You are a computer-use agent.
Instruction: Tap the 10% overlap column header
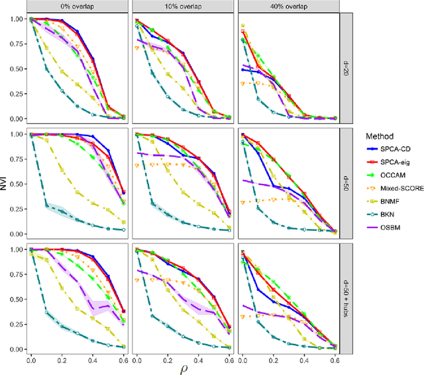[x=182, y=7]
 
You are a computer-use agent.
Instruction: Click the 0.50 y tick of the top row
[x=15, y=69]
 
